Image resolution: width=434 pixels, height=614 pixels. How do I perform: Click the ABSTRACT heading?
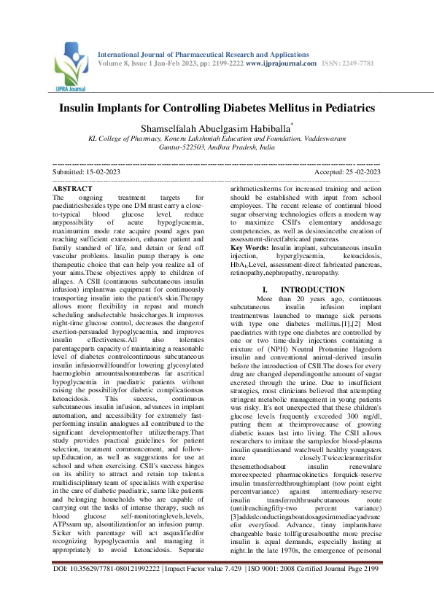click(72, 189)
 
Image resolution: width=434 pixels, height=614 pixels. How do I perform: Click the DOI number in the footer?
click(112, 588)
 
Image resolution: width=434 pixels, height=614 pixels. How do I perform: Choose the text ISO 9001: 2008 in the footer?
click(277, 588)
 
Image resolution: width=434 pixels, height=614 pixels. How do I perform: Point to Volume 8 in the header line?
click(117, 63)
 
